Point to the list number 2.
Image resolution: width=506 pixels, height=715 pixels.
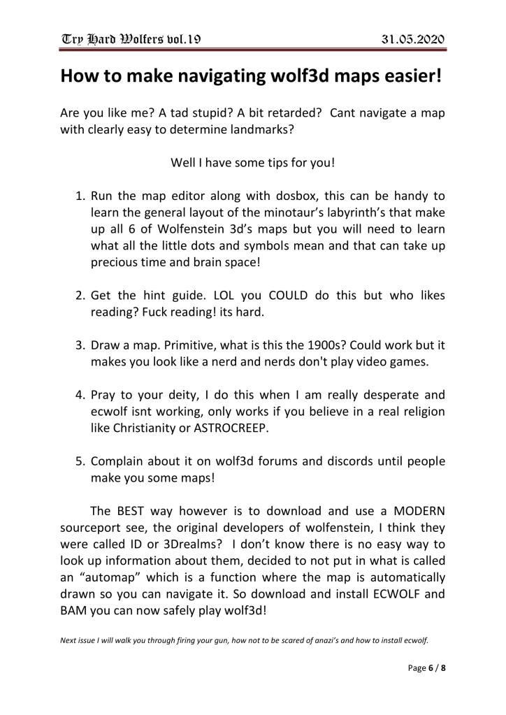pos(79,295)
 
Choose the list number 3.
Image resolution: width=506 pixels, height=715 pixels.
pos(79,345)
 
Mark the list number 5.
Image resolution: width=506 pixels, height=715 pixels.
pos(79,461)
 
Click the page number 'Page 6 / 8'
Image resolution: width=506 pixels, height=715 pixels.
pos(427,668)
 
